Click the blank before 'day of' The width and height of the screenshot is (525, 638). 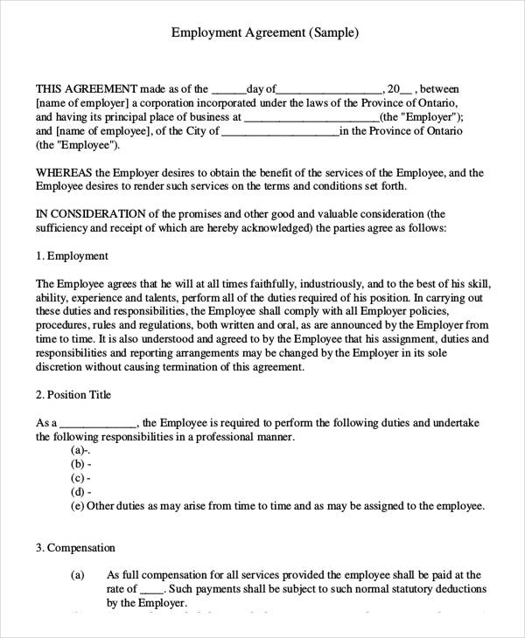pos(229,89)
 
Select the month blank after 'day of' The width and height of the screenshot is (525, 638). pos(330,89)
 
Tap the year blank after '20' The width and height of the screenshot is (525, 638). pos(405,89)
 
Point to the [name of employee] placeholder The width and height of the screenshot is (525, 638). pos(102,131)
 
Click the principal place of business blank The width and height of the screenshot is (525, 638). pos(311,117)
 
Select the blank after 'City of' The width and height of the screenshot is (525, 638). pos(280,131)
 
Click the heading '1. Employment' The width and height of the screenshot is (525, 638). pos(72,256)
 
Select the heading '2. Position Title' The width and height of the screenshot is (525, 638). pos(73,395)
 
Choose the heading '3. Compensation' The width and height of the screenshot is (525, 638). pos(75,548)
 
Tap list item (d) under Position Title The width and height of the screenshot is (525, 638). pos(79,492)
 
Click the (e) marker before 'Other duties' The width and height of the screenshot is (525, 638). pos(77,506)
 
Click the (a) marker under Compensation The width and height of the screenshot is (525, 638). pos(77,575)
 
